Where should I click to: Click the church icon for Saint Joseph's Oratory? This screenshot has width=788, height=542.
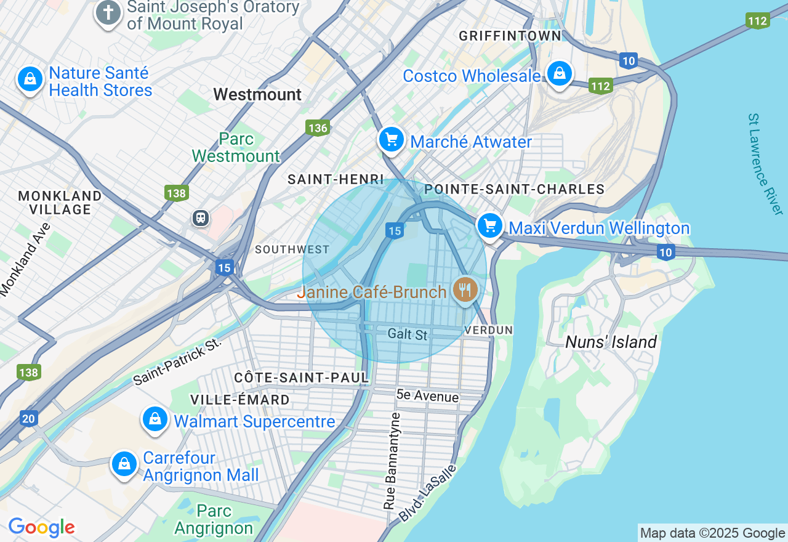[x=108, y=13]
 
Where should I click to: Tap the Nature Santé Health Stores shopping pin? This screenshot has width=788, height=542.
[x=30, y=79]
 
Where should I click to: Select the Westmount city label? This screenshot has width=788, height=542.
[x=257, y=94]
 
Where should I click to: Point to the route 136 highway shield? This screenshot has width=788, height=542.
[x=318, y=127]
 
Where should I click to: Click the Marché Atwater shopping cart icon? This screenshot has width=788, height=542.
[x=391, y=140]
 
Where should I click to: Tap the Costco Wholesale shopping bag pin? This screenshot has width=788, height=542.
[x=559, y=74]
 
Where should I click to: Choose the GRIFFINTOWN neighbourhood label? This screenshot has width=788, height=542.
[x=510, y=36]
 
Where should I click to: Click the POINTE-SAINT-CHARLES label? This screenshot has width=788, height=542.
[x=515, y=189]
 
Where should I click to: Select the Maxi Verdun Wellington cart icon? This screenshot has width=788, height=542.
[x=490, y=226]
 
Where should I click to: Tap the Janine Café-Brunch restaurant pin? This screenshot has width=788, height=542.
[x=465, y=289]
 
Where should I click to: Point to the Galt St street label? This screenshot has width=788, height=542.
[x=408, y=334]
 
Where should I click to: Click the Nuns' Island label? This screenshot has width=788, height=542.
[x=611, y=342]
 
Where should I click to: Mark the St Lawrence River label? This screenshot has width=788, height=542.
[x=765, y=164]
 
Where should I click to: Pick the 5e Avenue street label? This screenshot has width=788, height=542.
[x=428, y=396]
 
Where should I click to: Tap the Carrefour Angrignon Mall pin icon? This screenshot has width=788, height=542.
[x=124, y=464]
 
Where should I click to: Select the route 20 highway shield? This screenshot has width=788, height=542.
[x=28, y=419]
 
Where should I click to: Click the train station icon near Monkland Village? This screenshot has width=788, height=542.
[x=200, y=217]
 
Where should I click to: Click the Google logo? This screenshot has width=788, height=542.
[x=41, y=527]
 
